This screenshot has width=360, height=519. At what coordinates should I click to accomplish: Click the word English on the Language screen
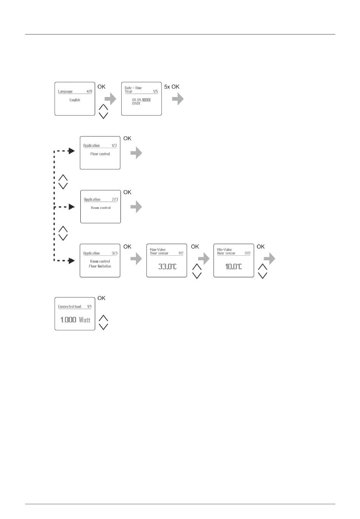[75, 100]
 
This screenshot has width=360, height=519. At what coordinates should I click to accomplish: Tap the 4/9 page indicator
[89, 91]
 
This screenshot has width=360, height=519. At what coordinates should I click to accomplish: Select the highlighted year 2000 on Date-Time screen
[146, 100]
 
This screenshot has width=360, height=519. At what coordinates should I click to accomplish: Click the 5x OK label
[172, 87]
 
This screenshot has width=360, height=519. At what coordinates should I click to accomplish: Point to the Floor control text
[100, 154]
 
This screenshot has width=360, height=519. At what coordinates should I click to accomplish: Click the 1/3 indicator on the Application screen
[114, 145]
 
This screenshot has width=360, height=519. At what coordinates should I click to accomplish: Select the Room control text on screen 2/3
[101, 208]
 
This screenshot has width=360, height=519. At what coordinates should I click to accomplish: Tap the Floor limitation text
[100, 266]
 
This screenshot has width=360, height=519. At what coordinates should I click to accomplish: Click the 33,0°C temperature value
[167, 267]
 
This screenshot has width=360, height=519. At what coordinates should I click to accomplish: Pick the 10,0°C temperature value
[233, 267]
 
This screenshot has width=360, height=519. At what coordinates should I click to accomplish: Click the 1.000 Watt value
[75, 320]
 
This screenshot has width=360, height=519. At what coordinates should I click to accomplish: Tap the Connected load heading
[69, 306]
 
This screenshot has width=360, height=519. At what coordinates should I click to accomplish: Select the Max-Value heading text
[158, 250]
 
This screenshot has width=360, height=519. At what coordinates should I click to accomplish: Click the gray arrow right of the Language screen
[110, 99]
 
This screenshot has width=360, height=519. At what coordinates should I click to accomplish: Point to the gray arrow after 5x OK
[178, 99]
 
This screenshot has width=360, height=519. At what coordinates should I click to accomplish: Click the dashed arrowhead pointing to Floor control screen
[71, 151]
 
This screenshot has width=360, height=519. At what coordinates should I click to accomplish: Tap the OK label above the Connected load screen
[102, 298]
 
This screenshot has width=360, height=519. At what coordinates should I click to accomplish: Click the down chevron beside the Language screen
[103, 116]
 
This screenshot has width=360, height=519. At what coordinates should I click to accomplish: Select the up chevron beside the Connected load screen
[103, 318]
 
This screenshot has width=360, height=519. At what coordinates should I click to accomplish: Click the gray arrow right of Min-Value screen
[269, 259]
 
